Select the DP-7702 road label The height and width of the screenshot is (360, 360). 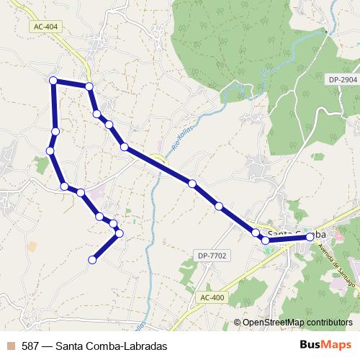pyautogui.click(x=210, y=256)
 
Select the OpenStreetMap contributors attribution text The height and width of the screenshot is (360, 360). pyautogui.click(x=297, y=322)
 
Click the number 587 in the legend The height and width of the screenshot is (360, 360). pyautogui.click(x=31, y=345)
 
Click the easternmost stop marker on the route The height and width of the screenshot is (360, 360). pyautogui.click(x=310, y=236)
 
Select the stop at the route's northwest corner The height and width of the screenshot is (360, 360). pyautogui.click(x=53, y=80)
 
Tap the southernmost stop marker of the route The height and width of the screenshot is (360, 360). pyautogui.click(x=92, y=260)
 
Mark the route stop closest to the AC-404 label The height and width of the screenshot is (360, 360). pyautogui.click(x=89, y=86)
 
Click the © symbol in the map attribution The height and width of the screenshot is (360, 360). pyautogui.click(x=238, y=322)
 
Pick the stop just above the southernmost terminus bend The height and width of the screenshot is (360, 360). pyautogui.click(x=114, y=225)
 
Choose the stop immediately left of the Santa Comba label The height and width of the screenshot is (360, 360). pyautogui.click(x=266, y=240)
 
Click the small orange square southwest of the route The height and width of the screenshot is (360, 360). pyautogui.click(x=32, y=246)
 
